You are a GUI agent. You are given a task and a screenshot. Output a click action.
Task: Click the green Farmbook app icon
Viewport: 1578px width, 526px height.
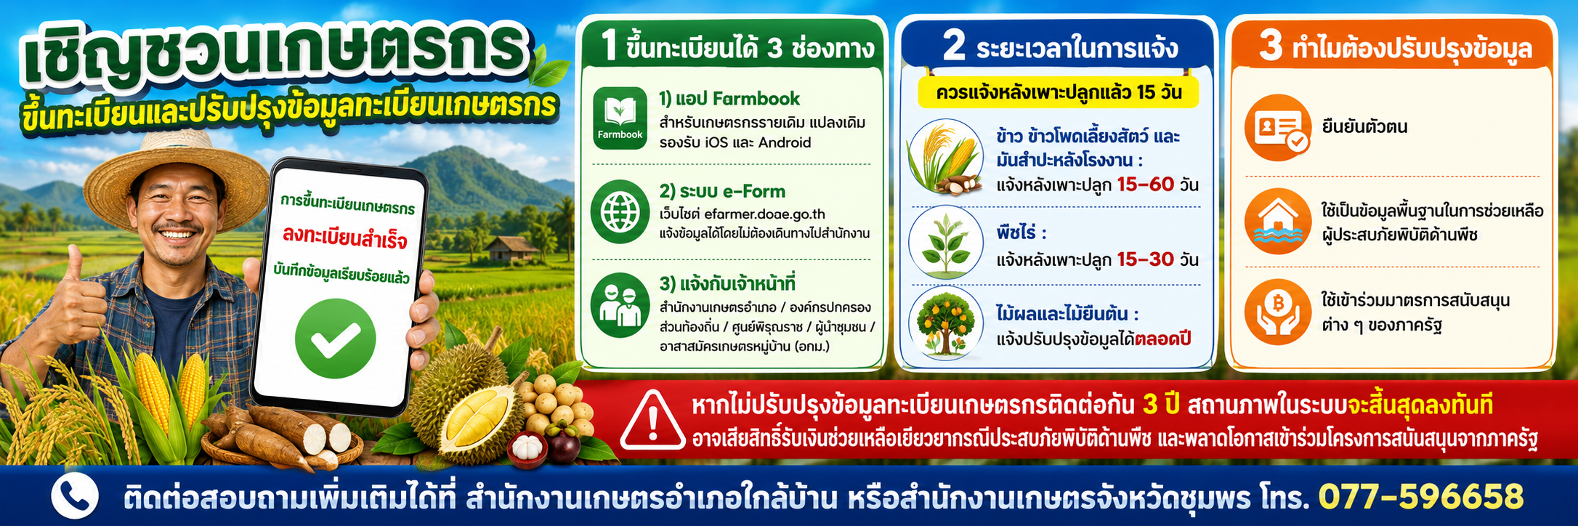pyautogui.click(x=620, y=118)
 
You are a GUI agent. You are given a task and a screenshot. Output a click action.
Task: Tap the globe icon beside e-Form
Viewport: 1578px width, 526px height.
pyautogui.click(x=620, y=211)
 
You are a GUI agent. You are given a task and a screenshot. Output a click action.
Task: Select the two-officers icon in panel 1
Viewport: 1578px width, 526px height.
pyautogui.click(x=620, y=305)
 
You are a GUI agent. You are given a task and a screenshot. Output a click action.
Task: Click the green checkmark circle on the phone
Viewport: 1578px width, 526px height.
pyautogui.click(x=335, y=338)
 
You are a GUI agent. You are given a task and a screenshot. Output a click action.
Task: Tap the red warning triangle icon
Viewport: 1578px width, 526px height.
pyautogui.click(x=652, y=421)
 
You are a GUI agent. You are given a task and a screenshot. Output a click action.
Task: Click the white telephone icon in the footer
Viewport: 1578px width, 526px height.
pyautogui.click(x=74, y=496)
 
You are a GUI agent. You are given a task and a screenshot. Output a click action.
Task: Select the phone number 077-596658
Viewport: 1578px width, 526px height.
pyautogui.click(x=1420, y=497)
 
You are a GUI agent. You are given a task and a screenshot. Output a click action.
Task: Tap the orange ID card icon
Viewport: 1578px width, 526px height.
pyautogui.click(x=1278, y=128)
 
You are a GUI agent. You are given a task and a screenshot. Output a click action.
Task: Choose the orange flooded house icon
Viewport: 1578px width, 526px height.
pyautogui.click(x=1278, y=221)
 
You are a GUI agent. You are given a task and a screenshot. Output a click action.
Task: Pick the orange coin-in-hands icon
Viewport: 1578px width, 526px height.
pyautogui.click(x=1278, y=312)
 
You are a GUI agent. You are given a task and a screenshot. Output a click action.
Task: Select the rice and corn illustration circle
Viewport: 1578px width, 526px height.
pyautogui.click(x=945, y=156)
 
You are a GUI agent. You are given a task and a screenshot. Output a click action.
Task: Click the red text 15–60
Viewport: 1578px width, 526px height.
pyautogui.click(x=1145, y=184)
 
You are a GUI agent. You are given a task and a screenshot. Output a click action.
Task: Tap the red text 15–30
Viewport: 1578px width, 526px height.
pyautogui.click(x=1145, y=259)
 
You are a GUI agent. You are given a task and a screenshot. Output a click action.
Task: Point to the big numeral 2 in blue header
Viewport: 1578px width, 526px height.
pyautogui.click(x=954, y=45)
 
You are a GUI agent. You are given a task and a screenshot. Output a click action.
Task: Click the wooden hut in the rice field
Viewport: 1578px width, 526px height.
pyautogui.click(x=513, y=249)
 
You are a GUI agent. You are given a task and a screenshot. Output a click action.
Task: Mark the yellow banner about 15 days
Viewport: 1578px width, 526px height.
pyautogui.click(x=1058, y=93)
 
